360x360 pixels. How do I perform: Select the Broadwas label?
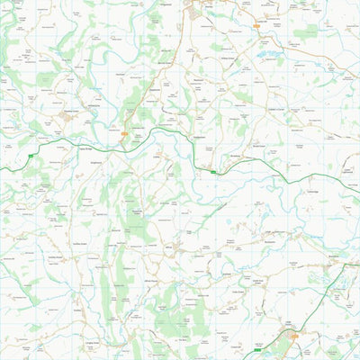236,156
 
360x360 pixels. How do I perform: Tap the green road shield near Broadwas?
213,170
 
